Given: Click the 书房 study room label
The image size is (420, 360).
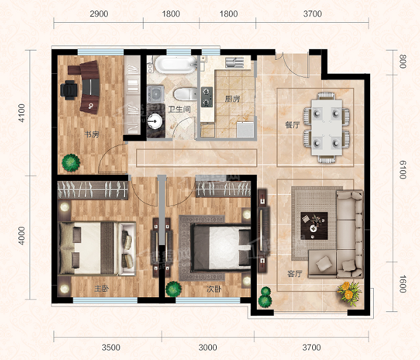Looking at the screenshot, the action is tap(92, 134).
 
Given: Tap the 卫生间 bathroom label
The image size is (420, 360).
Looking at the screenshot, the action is tap(179, 109).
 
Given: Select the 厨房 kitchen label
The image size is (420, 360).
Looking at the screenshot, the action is tap(232, 99).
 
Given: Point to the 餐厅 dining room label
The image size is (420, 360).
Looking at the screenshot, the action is tap(293, 125).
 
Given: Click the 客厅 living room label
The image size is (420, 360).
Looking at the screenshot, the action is tap(294, 274).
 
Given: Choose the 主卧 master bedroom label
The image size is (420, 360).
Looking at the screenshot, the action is tap(102, 289).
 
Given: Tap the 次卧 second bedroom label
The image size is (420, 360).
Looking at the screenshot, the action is tap(214, 289).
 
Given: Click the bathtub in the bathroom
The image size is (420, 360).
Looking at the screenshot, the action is tap(176, 64).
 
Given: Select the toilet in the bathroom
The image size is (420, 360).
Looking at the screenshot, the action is tap(185, 94).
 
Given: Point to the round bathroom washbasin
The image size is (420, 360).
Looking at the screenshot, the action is tap(155, 121).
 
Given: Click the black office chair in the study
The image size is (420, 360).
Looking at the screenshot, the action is tap(69, 88).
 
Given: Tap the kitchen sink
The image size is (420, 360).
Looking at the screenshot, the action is tap(235, 62).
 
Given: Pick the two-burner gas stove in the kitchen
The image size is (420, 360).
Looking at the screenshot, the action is tap(207, 97).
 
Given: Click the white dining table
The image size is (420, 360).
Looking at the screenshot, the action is tap(326, 127).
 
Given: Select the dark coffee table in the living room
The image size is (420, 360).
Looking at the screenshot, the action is tap(314, 226).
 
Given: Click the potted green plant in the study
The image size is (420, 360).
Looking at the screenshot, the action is tap(71, 162).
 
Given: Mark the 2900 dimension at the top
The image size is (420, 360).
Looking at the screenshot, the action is tap(99, 14).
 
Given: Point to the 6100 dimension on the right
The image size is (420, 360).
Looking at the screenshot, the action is tap(403, 170).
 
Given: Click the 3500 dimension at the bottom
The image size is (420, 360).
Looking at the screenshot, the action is tap(111, 348).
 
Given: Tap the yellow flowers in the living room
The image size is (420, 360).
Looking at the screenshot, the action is tap(349, 292).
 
